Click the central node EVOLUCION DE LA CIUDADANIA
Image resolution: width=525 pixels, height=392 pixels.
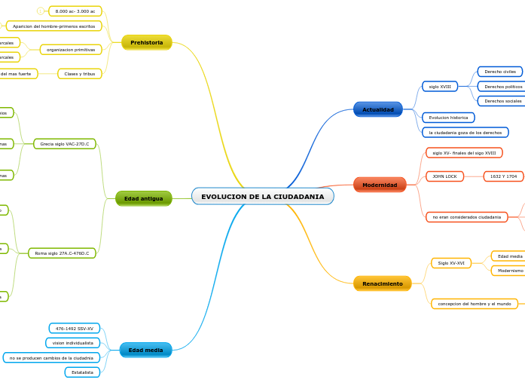[x=262, y=197]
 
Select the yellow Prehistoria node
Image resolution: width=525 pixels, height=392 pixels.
[x=146, y=43]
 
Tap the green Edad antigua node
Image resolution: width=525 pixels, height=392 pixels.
[x=143, y=199]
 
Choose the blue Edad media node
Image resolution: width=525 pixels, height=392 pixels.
[x=145, y=351]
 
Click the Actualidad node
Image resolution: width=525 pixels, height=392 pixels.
[x=377, y=110]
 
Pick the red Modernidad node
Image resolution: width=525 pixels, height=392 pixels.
[x=379, y=185]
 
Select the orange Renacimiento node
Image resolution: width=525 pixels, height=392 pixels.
[x=382, y=284]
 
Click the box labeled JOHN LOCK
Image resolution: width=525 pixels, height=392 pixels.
[x=444, y=176]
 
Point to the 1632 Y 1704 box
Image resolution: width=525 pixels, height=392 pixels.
[x=503, y=176]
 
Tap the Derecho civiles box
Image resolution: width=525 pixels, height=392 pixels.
[x=499, y=72]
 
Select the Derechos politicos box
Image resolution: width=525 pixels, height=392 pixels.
[x=502, y=87]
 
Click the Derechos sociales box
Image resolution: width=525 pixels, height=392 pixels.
[x=502, y=101]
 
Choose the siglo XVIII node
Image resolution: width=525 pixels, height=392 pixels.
[x=440, y=87]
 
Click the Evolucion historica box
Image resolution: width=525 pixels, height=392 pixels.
[x=448, y=118]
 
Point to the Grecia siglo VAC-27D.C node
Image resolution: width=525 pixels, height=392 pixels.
[x=64, y=144]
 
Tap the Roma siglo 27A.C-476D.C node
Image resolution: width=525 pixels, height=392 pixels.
[x=62, y=253]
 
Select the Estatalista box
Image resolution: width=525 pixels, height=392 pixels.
[x=82, y=372]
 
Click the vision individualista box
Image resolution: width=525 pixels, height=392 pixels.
[x=73, y=343]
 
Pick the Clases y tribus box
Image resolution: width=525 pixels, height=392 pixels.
[x=79, y=74]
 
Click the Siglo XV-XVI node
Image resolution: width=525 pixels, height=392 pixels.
[x=451, y=263]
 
